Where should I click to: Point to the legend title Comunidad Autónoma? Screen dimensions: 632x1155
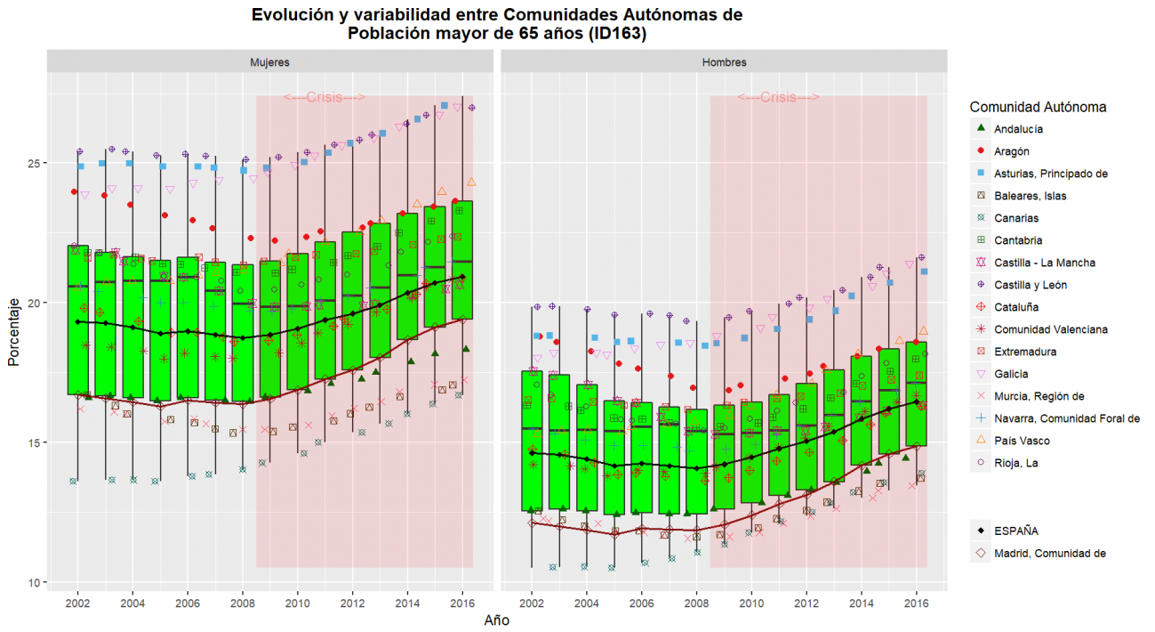1038,107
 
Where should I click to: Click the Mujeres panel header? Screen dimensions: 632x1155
269,62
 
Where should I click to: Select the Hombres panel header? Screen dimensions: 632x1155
724,62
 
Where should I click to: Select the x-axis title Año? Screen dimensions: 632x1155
496,620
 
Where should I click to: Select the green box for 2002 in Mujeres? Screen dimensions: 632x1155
78,320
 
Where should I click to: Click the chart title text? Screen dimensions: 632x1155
496,24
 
